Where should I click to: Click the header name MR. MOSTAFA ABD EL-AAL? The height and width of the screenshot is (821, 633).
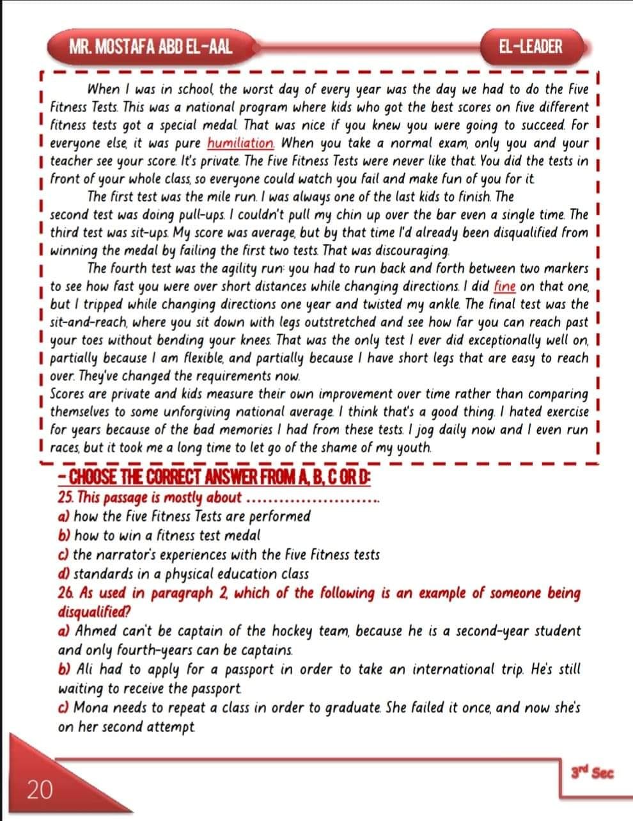(x=151, y=47)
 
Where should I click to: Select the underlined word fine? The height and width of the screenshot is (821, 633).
(x=505, y=287)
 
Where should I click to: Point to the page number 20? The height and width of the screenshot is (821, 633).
(x=39, y=791)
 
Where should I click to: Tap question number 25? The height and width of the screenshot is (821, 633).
(x=65, y=498)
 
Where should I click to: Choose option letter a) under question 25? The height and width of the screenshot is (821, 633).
(x=63, y=516)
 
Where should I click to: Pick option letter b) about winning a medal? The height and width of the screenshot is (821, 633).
(x=63, y=536)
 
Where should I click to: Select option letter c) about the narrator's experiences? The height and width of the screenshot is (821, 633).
(x=63, y=555)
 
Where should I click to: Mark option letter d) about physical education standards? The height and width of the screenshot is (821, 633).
(x=63, y=574)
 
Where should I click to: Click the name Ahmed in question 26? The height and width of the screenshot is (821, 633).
(x=95, y=632)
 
